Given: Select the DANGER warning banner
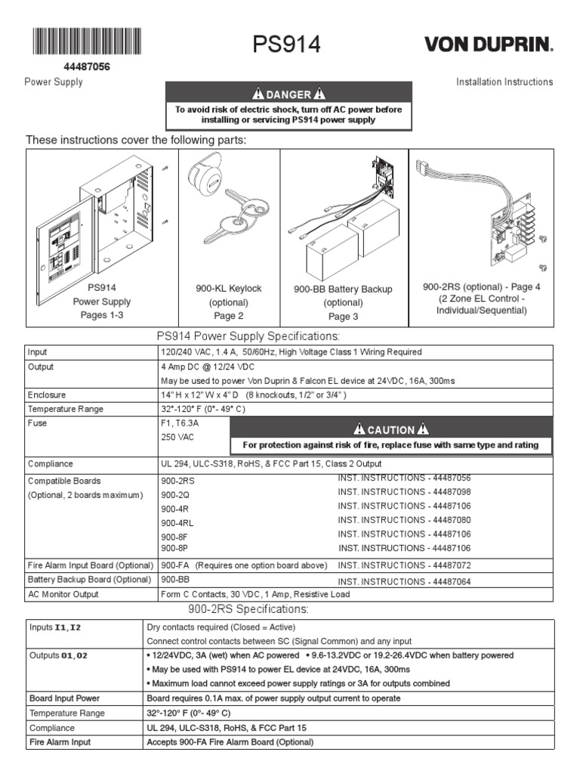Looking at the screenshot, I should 289,94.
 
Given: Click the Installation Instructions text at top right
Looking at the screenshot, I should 504,82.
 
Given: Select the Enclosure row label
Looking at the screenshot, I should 47,395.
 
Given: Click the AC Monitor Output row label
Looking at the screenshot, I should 63,594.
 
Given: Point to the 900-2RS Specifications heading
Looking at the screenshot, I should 247,609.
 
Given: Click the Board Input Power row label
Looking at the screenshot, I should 63,698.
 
